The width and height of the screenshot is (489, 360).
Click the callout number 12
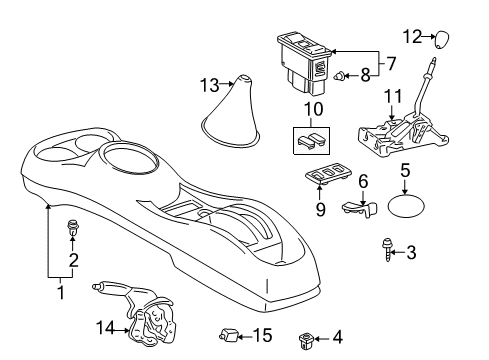pos(412,36)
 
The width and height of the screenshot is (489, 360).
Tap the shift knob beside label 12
pos(441,39)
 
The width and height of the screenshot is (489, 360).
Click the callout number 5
pos(404,172)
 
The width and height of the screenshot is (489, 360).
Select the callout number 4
pos(335,338)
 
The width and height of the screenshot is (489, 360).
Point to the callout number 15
pos(263,335)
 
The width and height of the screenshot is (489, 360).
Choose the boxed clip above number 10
pos(311,141)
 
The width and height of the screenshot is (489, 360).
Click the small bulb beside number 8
pos(341,74)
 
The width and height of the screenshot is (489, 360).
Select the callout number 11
pos(392,97)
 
